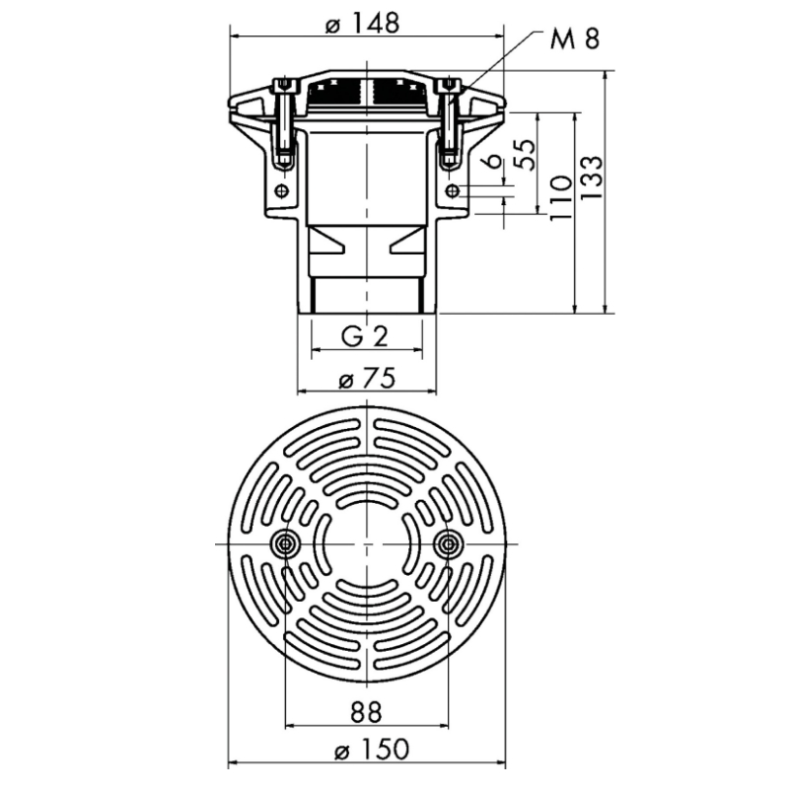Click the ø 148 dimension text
pos(362,23)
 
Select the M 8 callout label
pos(575,38)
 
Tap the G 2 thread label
pos(365,336)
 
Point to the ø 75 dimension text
pos(367,379)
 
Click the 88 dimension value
pos(366,712)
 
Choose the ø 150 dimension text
pos(372,750)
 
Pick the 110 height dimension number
pos(561,197)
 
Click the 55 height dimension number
pos(526,155)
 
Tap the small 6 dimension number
pos(495,161)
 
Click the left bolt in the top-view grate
pos(286,543)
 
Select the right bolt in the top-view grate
pos(448,543)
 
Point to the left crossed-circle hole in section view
pos(282,190)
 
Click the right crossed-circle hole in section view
pos(453,190)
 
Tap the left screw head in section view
pos(284,85)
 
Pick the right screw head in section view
pos(450,85)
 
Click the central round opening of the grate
pos(367,543)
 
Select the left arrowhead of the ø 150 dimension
pos(233,763)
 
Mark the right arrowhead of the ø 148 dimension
pos(498,36)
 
